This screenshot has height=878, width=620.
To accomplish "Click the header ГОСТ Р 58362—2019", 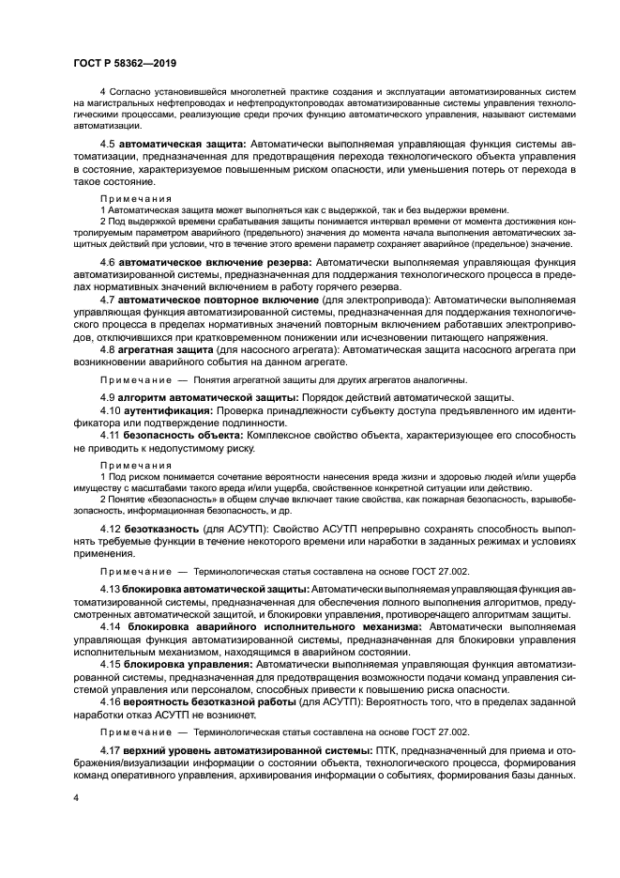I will pyautogui.click(x=124, y=63).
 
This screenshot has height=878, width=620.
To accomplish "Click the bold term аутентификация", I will pyautogui.click(x=168, y=411).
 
